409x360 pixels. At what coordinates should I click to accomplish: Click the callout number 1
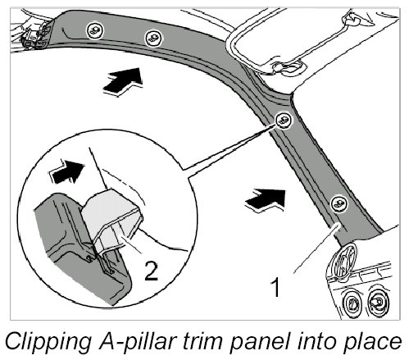click(x=275, y=287)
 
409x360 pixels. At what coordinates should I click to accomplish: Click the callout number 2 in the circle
click(x=151, y=271)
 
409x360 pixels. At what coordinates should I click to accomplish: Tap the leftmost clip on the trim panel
click(x=95, y=30)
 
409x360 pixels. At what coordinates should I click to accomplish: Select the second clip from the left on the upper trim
click(x=153, y=39)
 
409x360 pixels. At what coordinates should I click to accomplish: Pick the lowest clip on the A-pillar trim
click(x=339, y=204)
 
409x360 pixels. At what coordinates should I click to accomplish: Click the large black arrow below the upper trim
click(x=124, y=80)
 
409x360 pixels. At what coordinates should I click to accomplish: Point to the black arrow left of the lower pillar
click(x=266, y=199)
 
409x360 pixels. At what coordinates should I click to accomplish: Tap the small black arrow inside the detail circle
click(x=66, y=171)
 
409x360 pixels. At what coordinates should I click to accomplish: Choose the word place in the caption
click(x=372, y=342)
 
